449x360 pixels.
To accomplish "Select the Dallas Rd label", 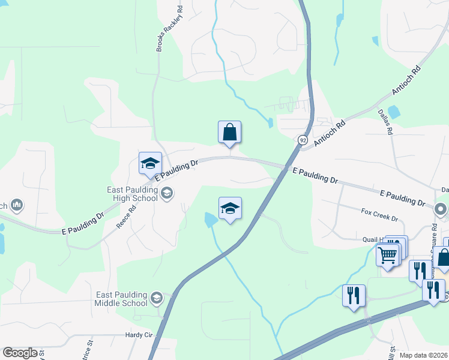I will click(x=385, y=122).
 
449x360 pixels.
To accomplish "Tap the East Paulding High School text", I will click(x=133, y=194).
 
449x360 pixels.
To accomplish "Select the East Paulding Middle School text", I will click(x=122, y=298).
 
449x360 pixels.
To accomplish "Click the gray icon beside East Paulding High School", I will click(x=166, y=193).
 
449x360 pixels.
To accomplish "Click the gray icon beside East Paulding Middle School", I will click(x=157, y=298).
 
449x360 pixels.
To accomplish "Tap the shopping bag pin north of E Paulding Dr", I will click(x=229, y=133).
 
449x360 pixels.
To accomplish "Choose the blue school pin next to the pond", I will click(x=230, y=209).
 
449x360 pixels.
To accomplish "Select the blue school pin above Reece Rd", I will click(x=150, y=163).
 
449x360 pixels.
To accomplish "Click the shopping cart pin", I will click(x=387, y=255).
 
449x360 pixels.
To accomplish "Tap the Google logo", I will click(x=20, y=353).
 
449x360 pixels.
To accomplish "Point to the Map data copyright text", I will click(x=423, y=355).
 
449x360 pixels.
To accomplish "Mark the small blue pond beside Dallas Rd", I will click(x=394, y=112).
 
